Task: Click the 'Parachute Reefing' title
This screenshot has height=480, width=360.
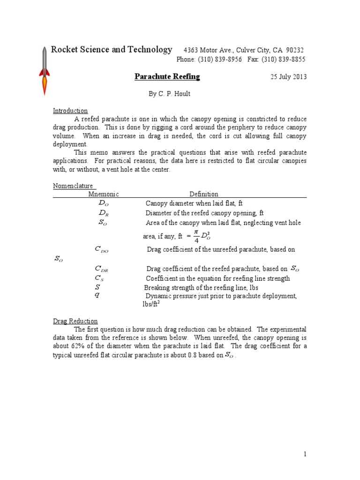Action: click(167, 76)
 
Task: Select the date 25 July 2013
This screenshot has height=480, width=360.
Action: click(288, 77)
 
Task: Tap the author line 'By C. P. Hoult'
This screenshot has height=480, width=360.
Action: click(170, 94)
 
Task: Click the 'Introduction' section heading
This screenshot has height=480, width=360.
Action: click(70, 111)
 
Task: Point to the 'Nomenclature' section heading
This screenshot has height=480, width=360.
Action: click(72, 186)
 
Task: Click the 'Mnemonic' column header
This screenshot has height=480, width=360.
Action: click(104, 194)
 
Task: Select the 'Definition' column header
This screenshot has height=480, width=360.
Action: click(203, 194)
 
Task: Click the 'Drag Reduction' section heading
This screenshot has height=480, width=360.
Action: click(75, 321)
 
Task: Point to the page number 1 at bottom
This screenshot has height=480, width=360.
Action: click(305, 454)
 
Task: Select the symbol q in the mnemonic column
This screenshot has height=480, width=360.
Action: click(97, 295)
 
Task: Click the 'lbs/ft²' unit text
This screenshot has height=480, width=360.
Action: click(151, 304)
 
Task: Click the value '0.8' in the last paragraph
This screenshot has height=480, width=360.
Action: click(195, 355)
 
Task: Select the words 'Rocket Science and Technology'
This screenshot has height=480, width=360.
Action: click(111, 50)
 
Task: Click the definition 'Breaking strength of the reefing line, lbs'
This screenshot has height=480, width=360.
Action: click(201, 287)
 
